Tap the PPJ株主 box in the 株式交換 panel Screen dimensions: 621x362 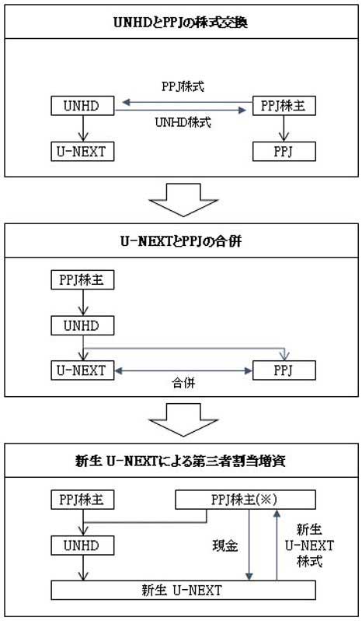[x=284, y=104]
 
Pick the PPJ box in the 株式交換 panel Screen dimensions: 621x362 [x=284, y=151]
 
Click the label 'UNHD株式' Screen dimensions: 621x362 [x=183, y=123]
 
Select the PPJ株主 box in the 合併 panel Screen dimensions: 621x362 [x=81, y=279]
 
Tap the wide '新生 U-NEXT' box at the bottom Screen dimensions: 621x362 [x=183, y=591]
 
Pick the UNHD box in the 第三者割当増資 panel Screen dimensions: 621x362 [x=81, y=545]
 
